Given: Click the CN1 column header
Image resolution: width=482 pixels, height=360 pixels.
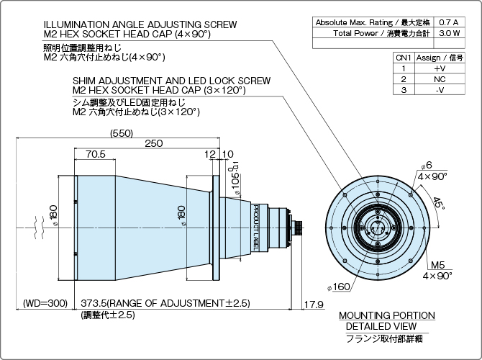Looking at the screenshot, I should click(404, 56).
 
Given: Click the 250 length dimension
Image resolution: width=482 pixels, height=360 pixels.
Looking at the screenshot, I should click(153, 143).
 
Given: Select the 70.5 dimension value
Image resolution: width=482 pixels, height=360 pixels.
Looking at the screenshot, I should click(94, 154).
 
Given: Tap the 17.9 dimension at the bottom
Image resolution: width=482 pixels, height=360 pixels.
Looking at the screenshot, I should click(313, 304).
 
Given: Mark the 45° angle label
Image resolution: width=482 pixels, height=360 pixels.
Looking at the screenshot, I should click(439, 204).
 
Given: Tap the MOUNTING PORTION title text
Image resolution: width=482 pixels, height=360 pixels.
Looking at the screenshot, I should click(386, 315).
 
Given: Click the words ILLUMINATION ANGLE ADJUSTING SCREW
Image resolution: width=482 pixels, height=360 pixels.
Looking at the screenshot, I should click(140, 24).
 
